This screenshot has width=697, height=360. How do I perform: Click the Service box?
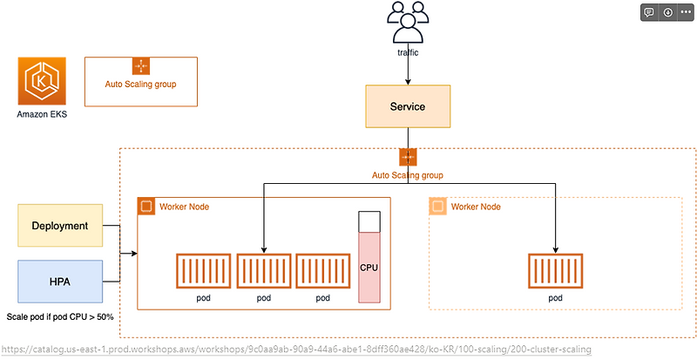click(x=408, y=107)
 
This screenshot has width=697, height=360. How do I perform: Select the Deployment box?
click(x=60, y=226)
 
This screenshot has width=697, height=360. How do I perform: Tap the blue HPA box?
click(x=60, y=282)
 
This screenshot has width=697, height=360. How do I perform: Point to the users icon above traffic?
click(x=407, y=22)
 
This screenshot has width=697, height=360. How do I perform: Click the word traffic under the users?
click(x=407, y=52)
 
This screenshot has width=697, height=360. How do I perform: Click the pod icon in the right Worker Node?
click(x=556, y=270)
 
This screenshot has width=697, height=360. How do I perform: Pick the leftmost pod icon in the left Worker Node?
click(x=203, y=270)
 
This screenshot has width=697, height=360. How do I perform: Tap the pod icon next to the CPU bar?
click(x=323, y=270)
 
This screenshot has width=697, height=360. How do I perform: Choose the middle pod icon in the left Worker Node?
click(x=263, y=270)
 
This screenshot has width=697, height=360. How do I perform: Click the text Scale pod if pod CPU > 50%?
click(x=60, y=316)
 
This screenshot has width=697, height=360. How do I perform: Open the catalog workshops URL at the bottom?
click(x=296, y=350)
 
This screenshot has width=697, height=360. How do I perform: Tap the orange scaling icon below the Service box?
click(x=408, y=157)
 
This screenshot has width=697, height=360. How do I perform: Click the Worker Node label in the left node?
click(x=184, y=207)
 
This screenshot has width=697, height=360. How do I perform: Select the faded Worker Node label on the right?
click(x=477, y=207)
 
